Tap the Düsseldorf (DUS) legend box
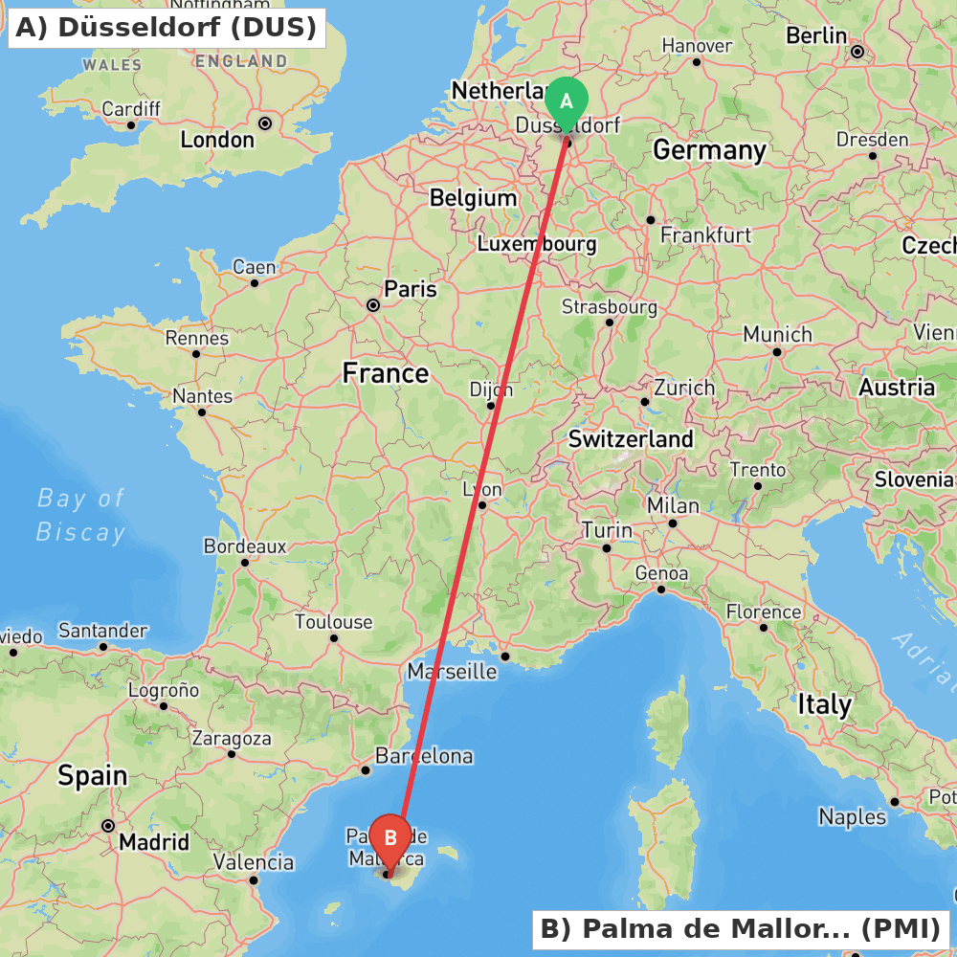click(x=166, y=28)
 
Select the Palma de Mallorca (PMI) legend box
click(x=741, y=929)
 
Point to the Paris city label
click(x=410, y=289)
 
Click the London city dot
click(x=265, y=123)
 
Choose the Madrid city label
click(x=153, y=843)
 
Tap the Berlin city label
click(x=816, y=35)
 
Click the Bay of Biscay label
click(x=80, y=515)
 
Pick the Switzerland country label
click(x=631, y=439)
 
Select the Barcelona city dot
click(x=365, y=769)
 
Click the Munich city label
click(x=777, y=335)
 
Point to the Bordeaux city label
click(x=245, y=546)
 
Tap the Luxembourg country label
click(x=537, y=244)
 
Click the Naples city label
click(x=852, y=816)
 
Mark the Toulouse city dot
click(x=334, y=637)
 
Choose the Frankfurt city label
click(x=705, y=235)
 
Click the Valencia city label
click(x=254, y=862)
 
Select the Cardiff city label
click(x=131, y=109)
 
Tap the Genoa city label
click(x=661, y=573)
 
